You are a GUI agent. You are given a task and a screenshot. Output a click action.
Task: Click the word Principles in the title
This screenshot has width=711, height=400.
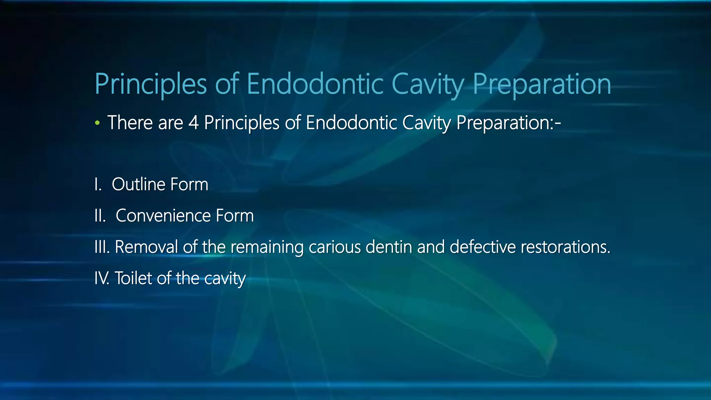(x=151, y=84)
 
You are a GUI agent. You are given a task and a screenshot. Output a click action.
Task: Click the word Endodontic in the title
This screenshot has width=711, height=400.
(x=315, y=84)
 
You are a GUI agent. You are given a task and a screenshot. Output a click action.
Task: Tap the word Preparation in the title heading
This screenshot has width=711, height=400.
(x=542, y=84)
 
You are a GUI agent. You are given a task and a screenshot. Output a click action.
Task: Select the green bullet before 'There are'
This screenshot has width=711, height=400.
(x=98, y=123)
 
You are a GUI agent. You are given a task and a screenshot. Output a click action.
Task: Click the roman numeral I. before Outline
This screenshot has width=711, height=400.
(x=98, y=184)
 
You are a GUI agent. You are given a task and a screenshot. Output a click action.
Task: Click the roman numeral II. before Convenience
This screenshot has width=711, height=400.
(x=100, y=216)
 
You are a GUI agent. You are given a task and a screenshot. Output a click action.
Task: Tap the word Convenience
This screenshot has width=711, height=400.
(x=163, y=216)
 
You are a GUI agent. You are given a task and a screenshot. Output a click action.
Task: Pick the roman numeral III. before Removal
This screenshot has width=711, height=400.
(x=102, y=247)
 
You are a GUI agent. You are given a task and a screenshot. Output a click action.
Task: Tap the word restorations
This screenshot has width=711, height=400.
(x=566, y=247)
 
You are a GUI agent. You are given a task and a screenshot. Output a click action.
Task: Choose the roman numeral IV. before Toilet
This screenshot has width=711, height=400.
(x=102, y=278)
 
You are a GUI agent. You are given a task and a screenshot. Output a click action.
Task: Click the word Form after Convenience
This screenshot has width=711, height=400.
(x=235, y=216)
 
